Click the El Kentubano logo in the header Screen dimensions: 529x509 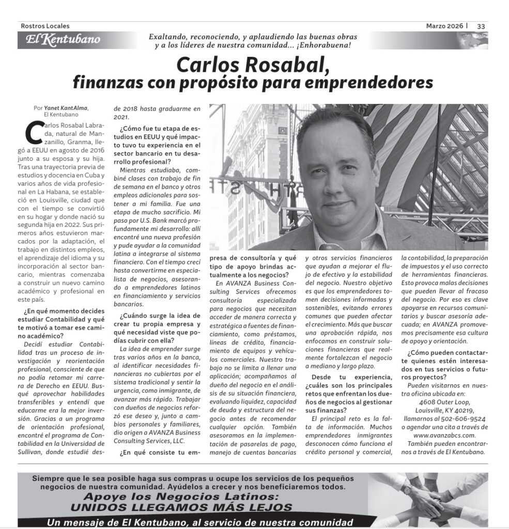[x=59, y=40]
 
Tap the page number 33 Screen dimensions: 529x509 [x=481, y=26]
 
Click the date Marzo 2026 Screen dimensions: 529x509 [x=444, y=26]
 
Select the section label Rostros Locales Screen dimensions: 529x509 [x=45, y=26]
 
